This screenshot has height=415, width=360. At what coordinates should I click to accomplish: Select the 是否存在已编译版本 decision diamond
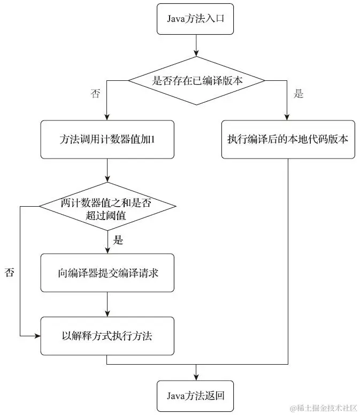[196, 80]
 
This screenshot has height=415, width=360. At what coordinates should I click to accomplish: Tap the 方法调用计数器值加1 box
[108, 139]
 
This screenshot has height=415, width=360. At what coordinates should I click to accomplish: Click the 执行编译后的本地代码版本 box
[288, 139]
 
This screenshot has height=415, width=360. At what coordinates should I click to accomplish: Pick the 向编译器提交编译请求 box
[108, 273]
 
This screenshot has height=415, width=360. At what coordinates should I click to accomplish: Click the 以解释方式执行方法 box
[108, 336]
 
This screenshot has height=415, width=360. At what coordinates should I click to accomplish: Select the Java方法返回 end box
[196, 396]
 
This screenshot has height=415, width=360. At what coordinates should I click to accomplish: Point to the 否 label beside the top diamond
[95, 94]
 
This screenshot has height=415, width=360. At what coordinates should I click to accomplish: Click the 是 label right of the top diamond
[298, 94]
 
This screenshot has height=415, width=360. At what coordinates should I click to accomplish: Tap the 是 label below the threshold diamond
[119, 240]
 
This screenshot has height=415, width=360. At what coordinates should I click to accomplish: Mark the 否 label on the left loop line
[10, 272]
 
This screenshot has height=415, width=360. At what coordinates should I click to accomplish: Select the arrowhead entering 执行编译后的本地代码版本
[288, 116]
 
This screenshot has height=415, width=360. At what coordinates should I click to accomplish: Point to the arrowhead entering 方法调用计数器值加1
[108, 116]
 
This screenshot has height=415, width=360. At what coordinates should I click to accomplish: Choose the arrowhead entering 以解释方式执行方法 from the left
[37, 336]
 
